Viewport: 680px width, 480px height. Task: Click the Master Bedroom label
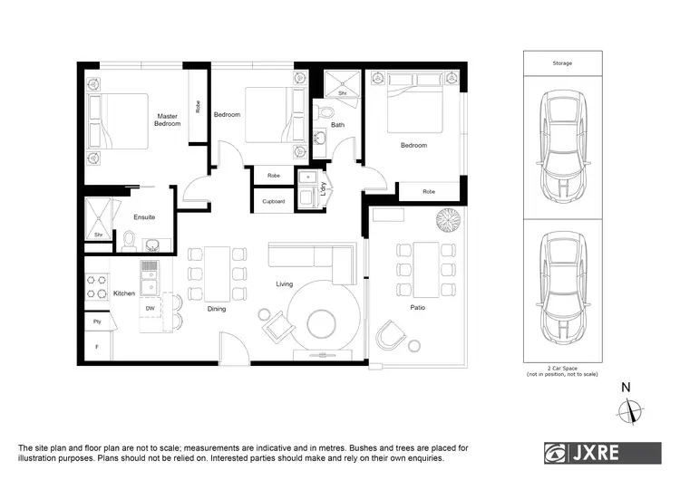coord(167,120)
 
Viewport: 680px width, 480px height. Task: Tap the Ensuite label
coord(144,217)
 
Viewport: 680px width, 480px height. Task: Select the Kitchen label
coord(124,293)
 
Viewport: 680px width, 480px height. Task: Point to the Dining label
coord(216,309)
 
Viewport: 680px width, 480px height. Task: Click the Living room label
coord(285,284)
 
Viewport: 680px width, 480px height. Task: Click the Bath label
coord(337,125)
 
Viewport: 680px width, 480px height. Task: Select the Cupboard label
coord(274,201)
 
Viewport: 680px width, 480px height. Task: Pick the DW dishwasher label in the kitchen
coord(150,308)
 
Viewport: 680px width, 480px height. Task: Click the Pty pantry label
coord(96,321)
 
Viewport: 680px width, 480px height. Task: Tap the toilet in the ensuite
coord(129,239)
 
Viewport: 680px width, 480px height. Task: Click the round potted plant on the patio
coord(447,219)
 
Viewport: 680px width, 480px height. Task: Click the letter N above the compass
coord(626,388)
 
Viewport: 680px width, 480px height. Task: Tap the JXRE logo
coord(602,452)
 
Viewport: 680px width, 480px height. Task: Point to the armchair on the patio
coord(391,335)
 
